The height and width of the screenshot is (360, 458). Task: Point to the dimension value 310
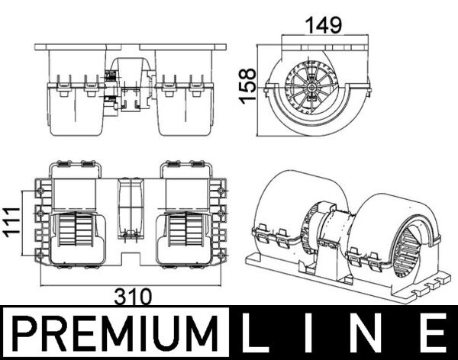(134, 295)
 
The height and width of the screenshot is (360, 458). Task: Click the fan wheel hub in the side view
(314, 85)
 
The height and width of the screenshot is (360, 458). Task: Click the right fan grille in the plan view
(185, 228)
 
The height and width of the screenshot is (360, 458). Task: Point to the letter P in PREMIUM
(26, 334)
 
